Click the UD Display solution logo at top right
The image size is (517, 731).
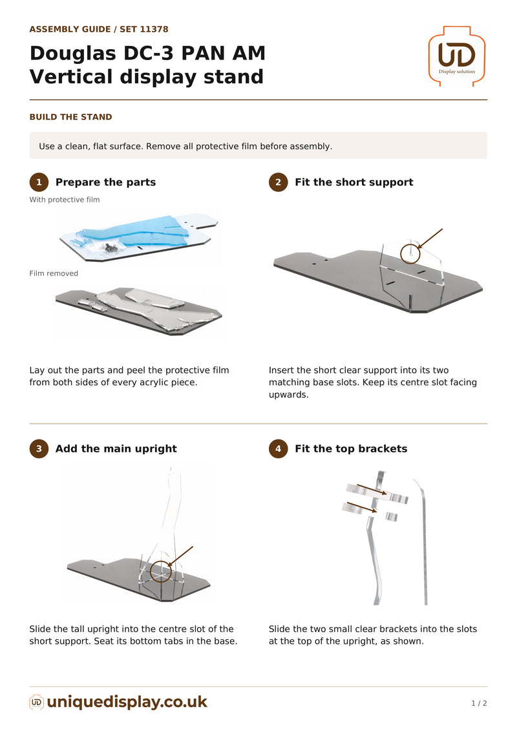(x=456, y=56)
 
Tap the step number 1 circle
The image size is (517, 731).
(x=39, y=182)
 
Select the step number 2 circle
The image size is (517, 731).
(x=279, y=182)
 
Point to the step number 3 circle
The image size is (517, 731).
(x=39, y=449)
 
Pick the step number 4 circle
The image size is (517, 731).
(x=279, y=449)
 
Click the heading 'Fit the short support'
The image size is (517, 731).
(x=354, y=182)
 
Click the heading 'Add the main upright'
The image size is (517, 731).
(x=116, y=449)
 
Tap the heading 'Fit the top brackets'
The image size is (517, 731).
(x=351, y=449)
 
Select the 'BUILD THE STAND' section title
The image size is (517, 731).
(x=71, y=117)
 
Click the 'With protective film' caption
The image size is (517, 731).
(x=65, y=200)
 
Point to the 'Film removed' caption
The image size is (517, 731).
(x=54, y=273)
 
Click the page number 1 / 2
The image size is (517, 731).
(x=479, y=703)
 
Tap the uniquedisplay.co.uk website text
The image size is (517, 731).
(x=127, y=702)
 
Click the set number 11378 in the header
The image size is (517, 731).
(x=154, y=29)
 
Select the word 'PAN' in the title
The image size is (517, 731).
(x=199, y=53)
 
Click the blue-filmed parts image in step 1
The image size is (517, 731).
(x=139, y=236)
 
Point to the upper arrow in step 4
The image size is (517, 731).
(x=372, y=489)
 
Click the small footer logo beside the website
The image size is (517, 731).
(x=36, y=702)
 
